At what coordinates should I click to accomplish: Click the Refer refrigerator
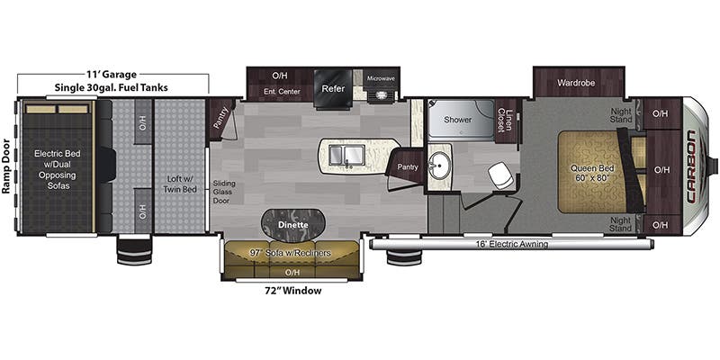[333, 88]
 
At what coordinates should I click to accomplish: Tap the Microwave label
[381, 78]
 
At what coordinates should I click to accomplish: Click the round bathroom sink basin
[438, 166]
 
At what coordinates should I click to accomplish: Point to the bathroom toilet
[500, 175]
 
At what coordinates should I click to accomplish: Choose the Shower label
[457, 120]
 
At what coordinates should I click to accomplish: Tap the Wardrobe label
[576, 83]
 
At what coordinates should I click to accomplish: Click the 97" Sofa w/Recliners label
[290, 253]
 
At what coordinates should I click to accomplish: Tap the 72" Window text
[292, 291]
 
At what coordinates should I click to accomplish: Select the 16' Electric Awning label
[511, 244]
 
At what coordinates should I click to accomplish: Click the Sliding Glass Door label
[224, 192]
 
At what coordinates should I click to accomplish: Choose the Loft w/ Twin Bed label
[179, 184]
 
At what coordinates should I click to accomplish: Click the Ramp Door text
[6, 166]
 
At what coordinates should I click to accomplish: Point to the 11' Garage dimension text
[111, 74]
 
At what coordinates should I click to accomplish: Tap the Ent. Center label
[282, 92]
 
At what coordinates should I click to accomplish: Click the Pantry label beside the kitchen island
[408, 167]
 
